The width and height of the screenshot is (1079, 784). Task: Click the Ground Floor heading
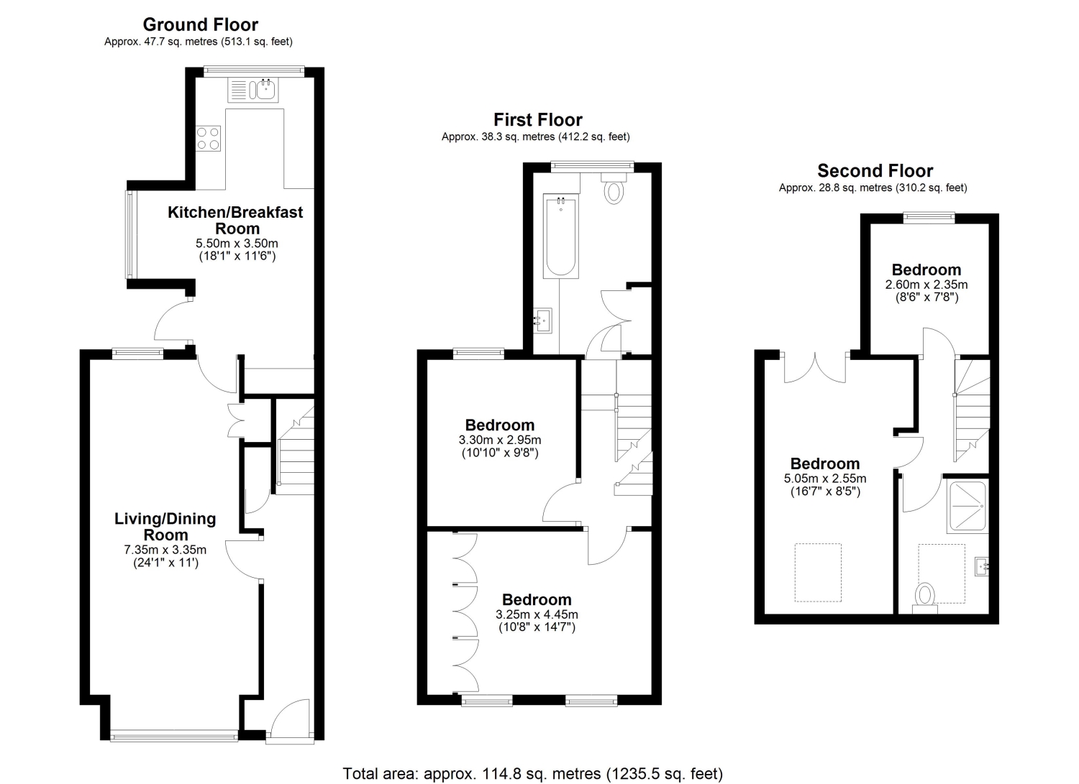(x=201, y=24)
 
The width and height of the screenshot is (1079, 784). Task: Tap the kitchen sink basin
(x=266, y=90)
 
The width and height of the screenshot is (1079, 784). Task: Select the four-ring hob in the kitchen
(x=208, y=139)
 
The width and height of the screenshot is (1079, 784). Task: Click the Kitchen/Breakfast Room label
(x=235, y=220)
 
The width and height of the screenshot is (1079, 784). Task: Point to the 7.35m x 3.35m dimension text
(x=165, y=550)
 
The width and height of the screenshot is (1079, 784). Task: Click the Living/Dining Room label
(x=165, y=527)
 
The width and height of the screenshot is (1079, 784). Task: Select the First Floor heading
(x=538, y=119)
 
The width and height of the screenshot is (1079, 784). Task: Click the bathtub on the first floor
(x=560, y=236)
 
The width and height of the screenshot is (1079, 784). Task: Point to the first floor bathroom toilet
(x=614, y=188)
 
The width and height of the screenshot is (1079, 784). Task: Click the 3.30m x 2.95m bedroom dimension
(x=500, y=440)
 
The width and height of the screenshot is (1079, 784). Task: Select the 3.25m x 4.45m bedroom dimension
(x=537, y=614)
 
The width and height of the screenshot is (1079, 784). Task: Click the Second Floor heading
(x=875, y=171)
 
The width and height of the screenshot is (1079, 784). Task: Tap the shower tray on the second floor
(x=968, y=507)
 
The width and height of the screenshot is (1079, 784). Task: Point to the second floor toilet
(x=925, y=599)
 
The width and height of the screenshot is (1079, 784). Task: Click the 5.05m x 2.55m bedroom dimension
(x=825, y=479)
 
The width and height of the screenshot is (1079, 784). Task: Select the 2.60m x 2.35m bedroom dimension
(x=927, y=285)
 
